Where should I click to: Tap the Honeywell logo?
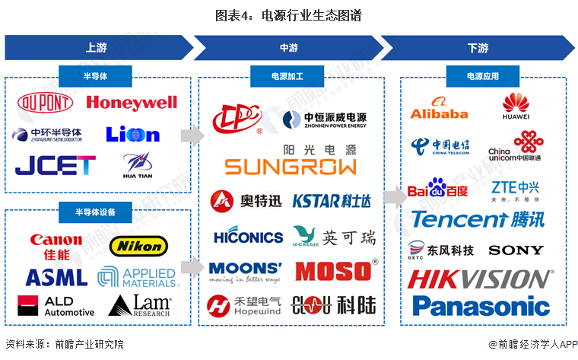pyautogui.click(x=132, y=103)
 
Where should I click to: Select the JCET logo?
pyautogui.click(x=56, y=164)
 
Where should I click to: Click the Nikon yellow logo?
pyautogui.click(x=138, y=245)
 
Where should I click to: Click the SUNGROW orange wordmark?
pyautogui.click(x=291, y=167)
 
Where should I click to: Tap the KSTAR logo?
pyautogui.click(x=332, y=201)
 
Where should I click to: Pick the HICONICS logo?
pyautogui.click(x=248, y=237)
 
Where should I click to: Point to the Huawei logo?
pyautogui.click(x=517, y=107)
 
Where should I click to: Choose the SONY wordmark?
pyautogui.click(x=516, y=250)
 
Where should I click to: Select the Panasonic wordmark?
pyautogui.click(x=480, y=306)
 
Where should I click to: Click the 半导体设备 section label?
pyautogui.click(x=96, y=211)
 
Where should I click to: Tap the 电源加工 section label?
pyautogui.click(x=289, y=76)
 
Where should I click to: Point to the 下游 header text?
pyautogui.click(x=478, y=48)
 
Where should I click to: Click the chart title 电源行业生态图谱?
pyautogui.click(x=288, y=15)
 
